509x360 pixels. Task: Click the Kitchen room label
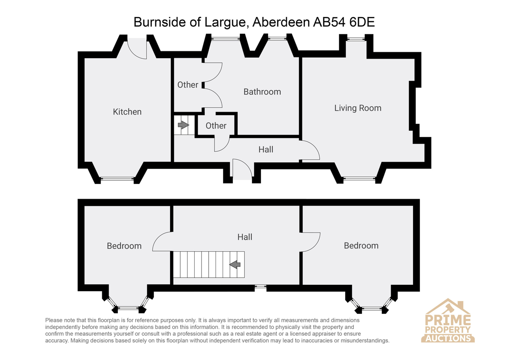[127, 112]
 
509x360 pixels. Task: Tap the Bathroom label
[262, 92]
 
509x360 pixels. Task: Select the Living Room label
[358, 108]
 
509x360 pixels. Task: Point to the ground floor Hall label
[266, 149]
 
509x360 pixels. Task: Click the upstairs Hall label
[245, 237]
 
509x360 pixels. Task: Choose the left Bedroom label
[124, 246]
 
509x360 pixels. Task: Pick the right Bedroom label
[361, 246]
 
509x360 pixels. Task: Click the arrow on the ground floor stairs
[183, 125]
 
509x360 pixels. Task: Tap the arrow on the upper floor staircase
[235, 264]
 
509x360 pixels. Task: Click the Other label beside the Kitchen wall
[187, 85]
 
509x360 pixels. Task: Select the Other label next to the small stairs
[216, 126]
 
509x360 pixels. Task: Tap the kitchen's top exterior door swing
[137, 49]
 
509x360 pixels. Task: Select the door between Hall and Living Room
[310, 150]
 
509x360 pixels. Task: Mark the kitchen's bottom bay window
[117, 179]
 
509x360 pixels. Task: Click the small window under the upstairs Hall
[260, 288]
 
